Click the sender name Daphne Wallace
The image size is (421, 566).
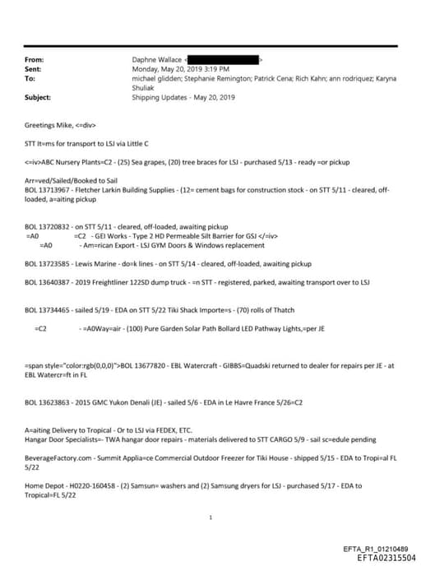156,60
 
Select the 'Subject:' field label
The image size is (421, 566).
39,97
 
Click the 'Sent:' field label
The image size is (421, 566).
35,70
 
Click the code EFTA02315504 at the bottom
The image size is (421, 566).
376,557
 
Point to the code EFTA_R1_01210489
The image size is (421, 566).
375,549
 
